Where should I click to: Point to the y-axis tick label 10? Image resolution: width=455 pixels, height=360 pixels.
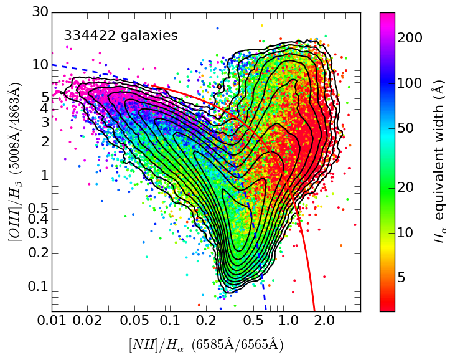point(40,65)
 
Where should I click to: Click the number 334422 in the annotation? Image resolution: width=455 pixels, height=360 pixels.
point(88,36)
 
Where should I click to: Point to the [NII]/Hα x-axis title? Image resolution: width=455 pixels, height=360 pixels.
point(205,344)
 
